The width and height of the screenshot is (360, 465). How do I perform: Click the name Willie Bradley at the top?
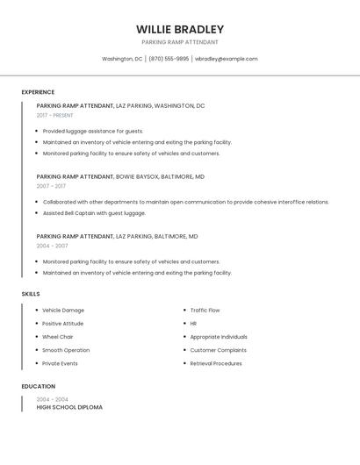[x=180, y=29]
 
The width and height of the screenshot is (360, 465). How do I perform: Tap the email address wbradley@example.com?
[x=227, y=59]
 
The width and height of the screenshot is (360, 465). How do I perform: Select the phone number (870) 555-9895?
[x=169, y=59]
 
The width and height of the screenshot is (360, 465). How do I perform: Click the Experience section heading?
[x=38, y=92]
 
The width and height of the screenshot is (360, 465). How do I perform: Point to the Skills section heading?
[x=31, y=294]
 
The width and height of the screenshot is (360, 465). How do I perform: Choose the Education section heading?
[x=38, y=386]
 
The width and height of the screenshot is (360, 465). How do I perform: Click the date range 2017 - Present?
[x=55, y=115]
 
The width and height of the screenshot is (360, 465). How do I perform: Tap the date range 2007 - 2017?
[x=51, y=186]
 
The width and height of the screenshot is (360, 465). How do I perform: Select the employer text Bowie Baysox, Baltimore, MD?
[x=161, y=176]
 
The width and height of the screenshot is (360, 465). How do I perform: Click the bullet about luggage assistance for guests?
[x=93, y=131]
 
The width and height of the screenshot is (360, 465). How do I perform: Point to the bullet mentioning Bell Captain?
[x=94, y=213]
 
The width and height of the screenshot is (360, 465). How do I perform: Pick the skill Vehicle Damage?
[x=63, y=311]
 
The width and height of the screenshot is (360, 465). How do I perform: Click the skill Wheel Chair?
[x=58, y=337]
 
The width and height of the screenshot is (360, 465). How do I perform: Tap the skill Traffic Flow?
[x=205, y=311]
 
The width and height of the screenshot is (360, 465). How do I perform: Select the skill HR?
[x=193, y=324]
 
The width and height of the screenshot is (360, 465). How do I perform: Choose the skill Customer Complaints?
[x=218, y=350]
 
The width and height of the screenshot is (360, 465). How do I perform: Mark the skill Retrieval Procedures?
[x=216, y=363]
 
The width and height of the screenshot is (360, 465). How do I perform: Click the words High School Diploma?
[x=69, y=408]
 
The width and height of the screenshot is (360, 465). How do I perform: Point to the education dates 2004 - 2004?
[x=52, y=399]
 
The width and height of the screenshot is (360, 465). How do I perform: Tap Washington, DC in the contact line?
[x=122, y=59]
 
